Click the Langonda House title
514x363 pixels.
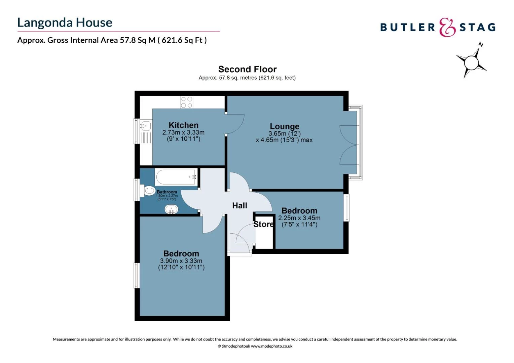coord(65,23)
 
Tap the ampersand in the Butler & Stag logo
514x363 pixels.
coord(447,27)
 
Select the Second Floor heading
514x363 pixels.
coord(247,69)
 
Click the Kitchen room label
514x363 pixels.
coord(183,125)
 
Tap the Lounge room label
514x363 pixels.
coord(284,126)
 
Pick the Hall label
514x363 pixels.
coord(240,205)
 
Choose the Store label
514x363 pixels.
coord(263,224)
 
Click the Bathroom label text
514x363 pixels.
coord(167,192)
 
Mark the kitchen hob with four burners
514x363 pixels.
coord(187,102)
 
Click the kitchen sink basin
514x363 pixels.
coord(145,126)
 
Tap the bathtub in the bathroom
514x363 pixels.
coord(176,177)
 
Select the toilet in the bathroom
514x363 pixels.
coord(149,191)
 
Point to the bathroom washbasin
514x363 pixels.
coord(171,209)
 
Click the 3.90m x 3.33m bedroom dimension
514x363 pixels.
coord(181,261)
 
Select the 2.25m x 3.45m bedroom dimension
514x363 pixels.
coord(299,218)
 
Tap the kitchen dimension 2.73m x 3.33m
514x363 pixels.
coord(183,132)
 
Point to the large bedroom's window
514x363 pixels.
coord(137,275)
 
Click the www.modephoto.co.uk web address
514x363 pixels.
coord(271,346)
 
